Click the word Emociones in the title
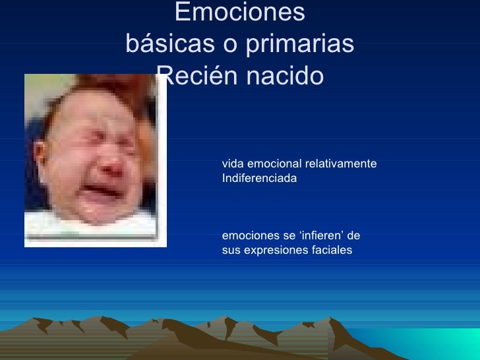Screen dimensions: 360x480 coord(240,12)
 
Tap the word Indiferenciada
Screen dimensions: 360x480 coord(260,178)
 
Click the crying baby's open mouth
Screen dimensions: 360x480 coord(104,187)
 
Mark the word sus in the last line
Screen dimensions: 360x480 coord(231,251)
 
